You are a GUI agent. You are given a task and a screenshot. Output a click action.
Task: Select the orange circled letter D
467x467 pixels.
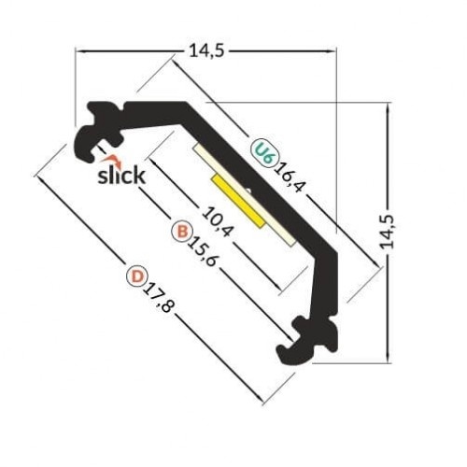(x=137, y=276)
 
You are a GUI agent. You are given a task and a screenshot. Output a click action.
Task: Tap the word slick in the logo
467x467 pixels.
(x=121, y=175)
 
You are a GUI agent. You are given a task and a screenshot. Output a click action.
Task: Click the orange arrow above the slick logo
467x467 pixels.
(x=115, y=159)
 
